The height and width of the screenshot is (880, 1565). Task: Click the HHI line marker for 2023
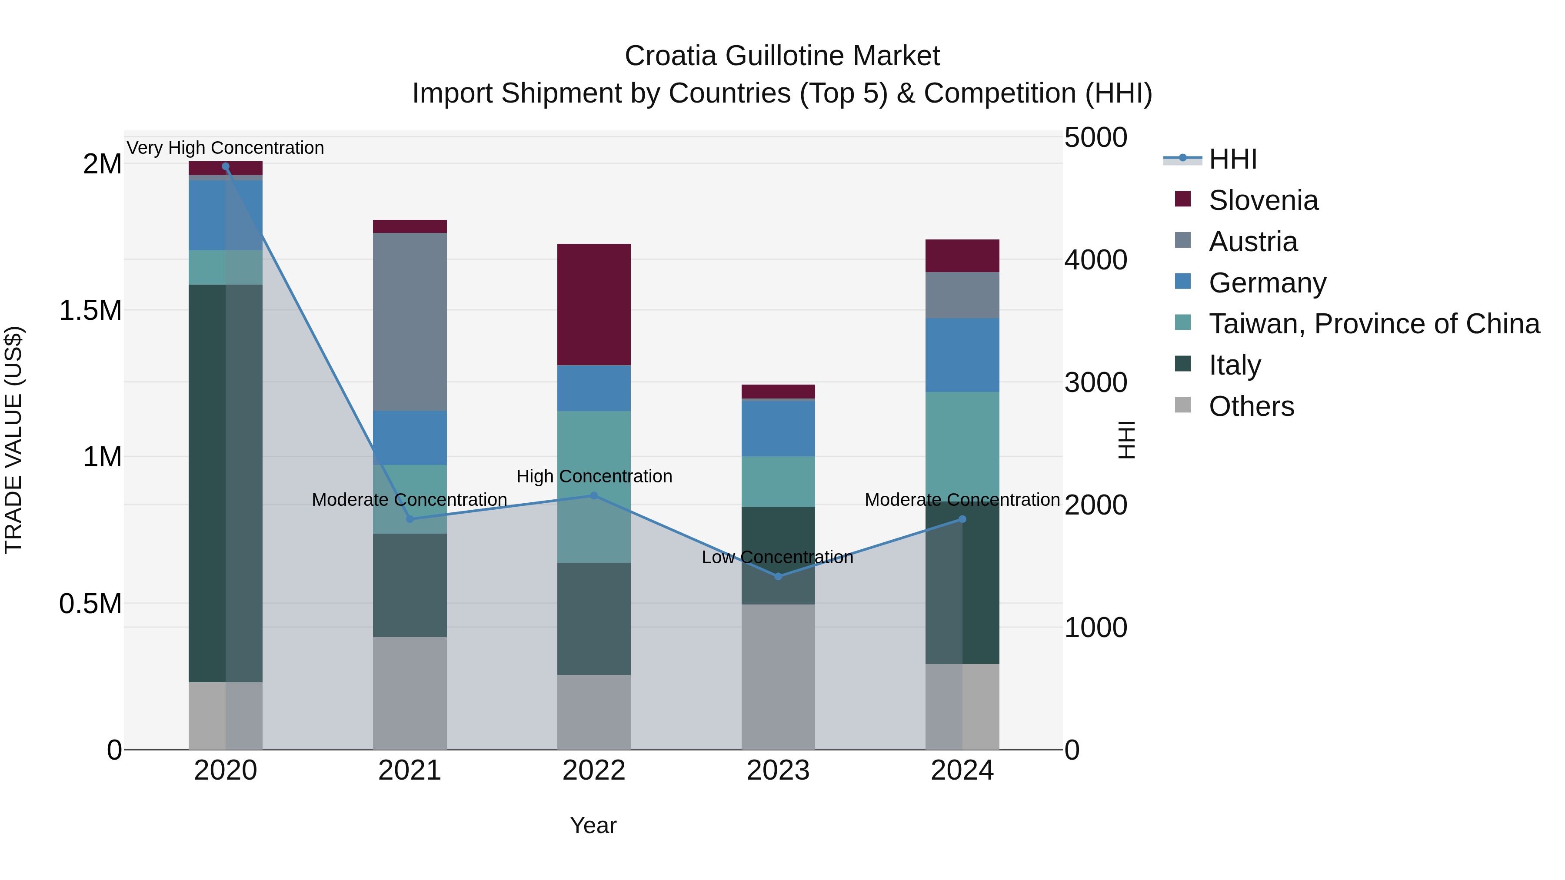pyautogui.click(x=778, y=576)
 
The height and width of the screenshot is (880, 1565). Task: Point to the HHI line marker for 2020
pyautogui.click(x=225, y=166)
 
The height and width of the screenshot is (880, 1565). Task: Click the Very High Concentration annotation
pyautogui.click(x=225, y=148)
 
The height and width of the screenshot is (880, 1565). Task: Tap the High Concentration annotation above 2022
pyautogui.click(x=594, y=476)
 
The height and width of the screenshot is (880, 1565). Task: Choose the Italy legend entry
pyautogui.click(x=1235, y=365)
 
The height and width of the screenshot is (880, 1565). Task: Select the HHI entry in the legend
pyautogui.click(x=1232, y=159)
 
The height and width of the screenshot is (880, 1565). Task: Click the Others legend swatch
pyautogui.click(x=1182, y=405)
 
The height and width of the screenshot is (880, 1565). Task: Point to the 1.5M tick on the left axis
pyautogui.click(x=90, y=310)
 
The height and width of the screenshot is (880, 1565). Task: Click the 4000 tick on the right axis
pyautogui.click(x=1095, y=260)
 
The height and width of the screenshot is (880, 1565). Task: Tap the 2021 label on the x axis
pyautogui.click(x=410, y=770)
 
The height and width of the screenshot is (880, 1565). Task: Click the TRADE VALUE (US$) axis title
pyautogui.click(x=13, y=440)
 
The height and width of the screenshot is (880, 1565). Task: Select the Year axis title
pyautogui.click(x=593, y=825)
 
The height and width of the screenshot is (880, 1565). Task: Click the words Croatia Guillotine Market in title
pyautogui.click(x=782, y=56)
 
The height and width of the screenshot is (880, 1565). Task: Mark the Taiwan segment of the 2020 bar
pyautogui.click(x=225, y=267)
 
